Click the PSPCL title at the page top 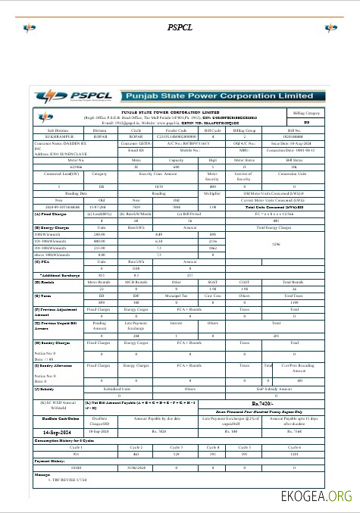(x=180, y=27)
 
